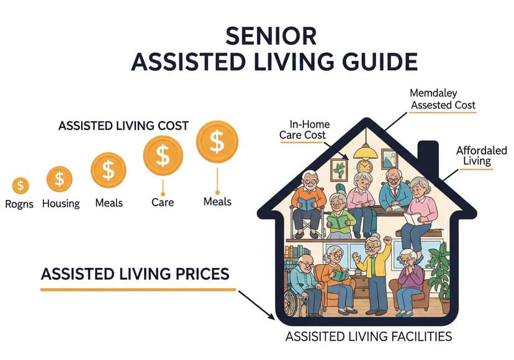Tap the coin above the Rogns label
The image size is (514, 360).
click(21, 185)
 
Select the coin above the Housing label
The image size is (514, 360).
click(60, 179)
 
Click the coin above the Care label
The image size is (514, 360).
click(163, 155)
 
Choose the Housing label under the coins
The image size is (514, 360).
click(60, 204)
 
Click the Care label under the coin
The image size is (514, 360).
click(163, 202)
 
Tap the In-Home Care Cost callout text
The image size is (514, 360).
click(309, 130)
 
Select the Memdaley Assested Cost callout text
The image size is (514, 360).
click(443, 99)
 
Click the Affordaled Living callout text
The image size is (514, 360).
click(481, 156)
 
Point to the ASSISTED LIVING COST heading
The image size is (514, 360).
click(123, 125)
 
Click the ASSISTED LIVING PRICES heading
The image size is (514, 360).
click(135, 273)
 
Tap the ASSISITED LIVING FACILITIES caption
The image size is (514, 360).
click(368, 337)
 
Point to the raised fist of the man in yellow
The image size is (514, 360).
click(388, 240)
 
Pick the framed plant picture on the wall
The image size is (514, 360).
click(339, 168)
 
